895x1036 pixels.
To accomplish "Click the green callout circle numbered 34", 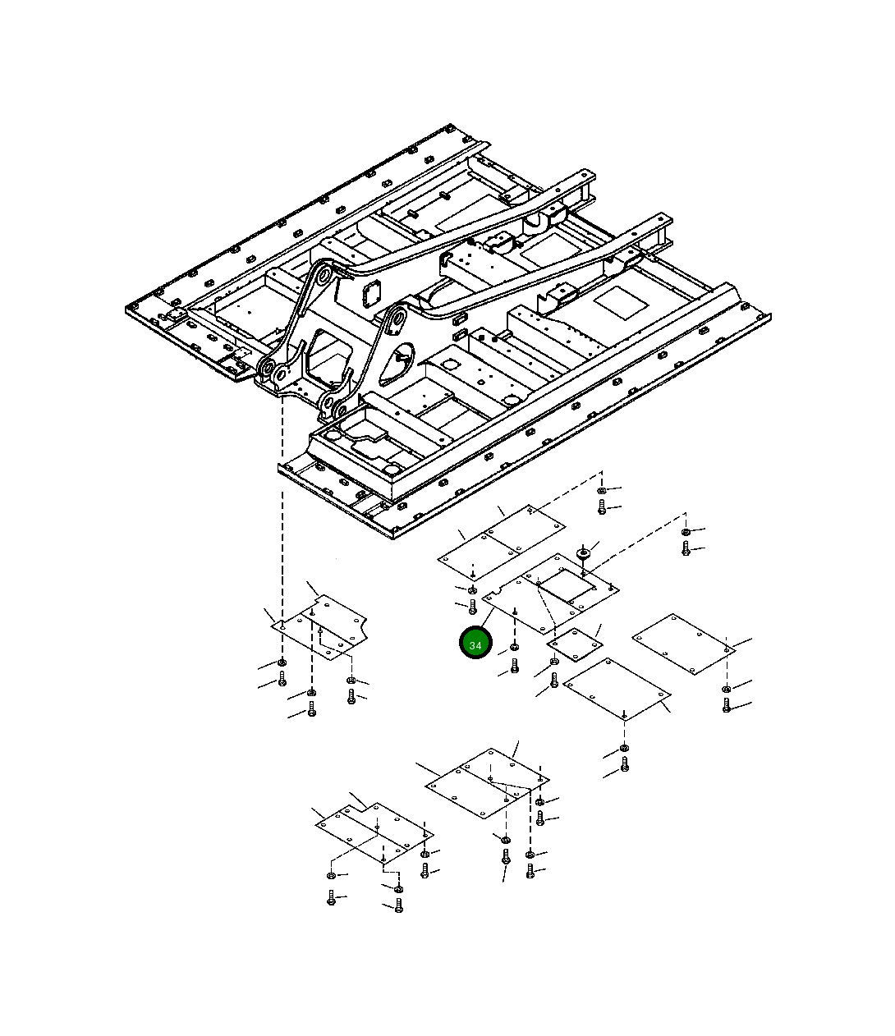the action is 475,643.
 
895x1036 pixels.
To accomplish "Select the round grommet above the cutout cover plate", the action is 583,553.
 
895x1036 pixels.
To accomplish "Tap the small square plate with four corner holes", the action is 575,645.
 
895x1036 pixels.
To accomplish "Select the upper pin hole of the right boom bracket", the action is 399,319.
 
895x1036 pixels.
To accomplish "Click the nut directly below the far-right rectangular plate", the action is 726,689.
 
